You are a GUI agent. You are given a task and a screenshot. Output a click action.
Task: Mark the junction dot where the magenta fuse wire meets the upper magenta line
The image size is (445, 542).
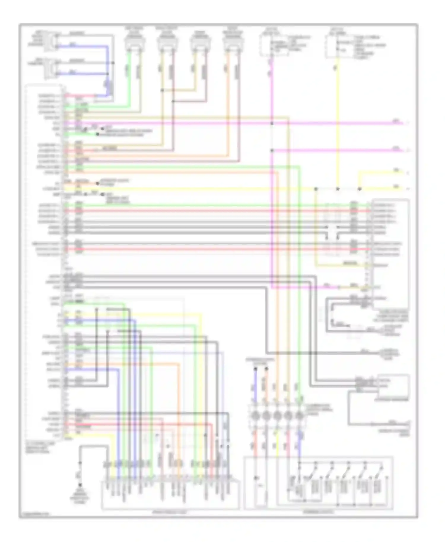[x=272, y=123]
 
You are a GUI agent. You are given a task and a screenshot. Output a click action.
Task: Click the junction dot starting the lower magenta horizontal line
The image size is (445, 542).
[x=272, y=151]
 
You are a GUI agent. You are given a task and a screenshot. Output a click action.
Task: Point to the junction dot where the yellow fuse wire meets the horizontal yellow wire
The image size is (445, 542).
[x=338, y=189]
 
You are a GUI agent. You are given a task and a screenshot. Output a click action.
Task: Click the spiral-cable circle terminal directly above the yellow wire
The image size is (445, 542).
[x=277, y=416]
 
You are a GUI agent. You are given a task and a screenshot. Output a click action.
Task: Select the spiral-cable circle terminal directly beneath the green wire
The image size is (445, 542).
[x=300, y=416]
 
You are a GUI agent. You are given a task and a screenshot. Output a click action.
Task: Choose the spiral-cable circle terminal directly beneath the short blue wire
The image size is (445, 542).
[x=255, y=416]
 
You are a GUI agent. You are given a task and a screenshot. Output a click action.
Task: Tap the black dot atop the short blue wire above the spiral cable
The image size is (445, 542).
[x=255, y=369]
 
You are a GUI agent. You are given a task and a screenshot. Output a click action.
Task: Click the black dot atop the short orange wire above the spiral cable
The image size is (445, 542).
[x=266, y=369]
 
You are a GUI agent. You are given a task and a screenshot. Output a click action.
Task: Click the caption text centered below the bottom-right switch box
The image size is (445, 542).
[x=318, y=512]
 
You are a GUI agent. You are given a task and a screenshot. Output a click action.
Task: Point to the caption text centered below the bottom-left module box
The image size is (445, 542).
[x=170, y=512]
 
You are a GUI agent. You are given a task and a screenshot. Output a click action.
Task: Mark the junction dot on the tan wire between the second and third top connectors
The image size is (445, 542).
[x=162, y=90]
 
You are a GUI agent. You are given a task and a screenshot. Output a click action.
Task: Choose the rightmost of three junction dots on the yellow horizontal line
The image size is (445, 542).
[x=360, y=189]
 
